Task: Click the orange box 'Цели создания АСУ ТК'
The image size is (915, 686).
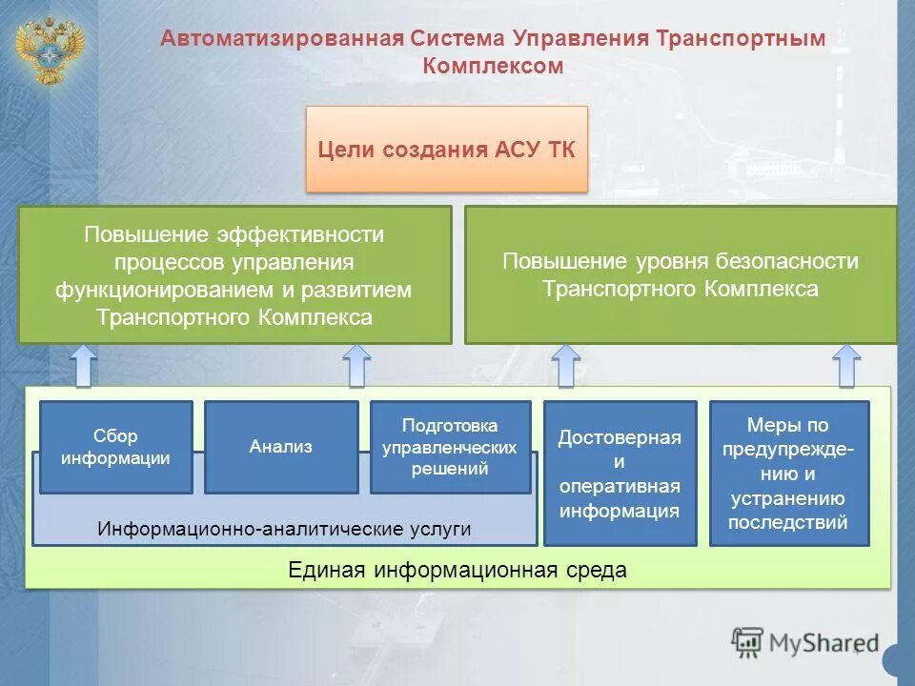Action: pyautogui.click(x=446, y=150)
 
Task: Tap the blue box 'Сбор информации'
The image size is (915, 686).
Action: pyautogui.click(x=115, y=447)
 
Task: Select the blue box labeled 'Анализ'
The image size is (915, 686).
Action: pyautogui.click(x=281, y=447)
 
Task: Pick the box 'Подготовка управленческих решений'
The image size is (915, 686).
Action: pyautogui.click(x=450, y=447)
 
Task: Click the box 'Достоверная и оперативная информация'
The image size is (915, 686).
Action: pyautogui.click(x=620, y=474)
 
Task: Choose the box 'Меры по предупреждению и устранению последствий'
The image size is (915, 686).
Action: pyautogui.click(x=788, y=474)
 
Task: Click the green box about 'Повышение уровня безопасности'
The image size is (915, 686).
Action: pyautogui.click(x=681, y=274)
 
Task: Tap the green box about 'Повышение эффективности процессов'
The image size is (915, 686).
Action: pyautogui.click(x=234, y=274)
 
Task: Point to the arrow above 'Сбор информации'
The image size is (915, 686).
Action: pyautogui.click(x=84, y=366)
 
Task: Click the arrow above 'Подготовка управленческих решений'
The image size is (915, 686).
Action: pyautogui.click(x=356, y=366)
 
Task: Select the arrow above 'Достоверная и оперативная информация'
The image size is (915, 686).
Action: pyautogui.click(x=566, y=366)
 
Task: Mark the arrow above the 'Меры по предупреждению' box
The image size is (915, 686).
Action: pyautogui.click(x=845, y=366)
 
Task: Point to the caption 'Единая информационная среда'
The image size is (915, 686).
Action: pyautogui.click(x=457, y=570)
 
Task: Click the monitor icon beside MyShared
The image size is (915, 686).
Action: pyautogui.click(x=747, y=641)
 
